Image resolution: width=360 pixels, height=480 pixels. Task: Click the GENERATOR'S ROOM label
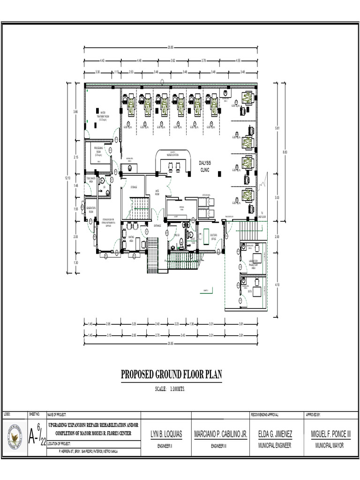tap(91, 209)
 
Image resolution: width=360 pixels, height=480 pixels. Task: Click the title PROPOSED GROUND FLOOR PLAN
tap(171, 375)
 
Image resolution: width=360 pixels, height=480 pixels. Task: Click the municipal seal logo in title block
tap(15, 437)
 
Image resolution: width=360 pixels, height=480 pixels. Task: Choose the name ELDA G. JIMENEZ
tap(276, 435)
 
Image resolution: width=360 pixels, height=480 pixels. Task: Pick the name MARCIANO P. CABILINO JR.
tap(220, 435)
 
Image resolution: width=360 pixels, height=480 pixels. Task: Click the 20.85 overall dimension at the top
tap(170, 47)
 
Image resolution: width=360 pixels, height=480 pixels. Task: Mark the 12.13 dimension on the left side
tap(67, 178)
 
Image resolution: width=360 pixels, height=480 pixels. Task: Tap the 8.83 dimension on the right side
tap(284, 151)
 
